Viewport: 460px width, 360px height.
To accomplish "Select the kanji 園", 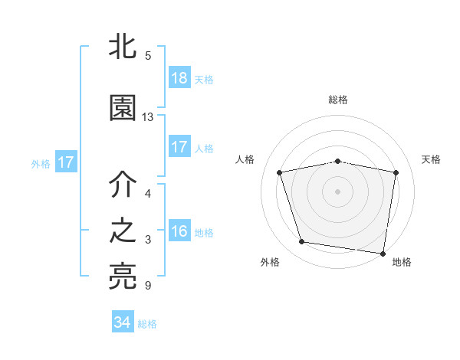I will [123, 108].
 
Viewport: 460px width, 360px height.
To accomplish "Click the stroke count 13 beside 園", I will [148, 117].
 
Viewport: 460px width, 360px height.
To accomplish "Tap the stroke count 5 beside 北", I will [148, 55].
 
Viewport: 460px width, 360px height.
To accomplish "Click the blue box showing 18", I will [179, 77].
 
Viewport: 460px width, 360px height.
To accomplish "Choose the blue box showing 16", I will [179, 231].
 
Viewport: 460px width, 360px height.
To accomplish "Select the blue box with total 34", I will [123, 322].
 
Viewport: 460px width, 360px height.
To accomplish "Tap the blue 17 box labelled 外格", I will [65, 162].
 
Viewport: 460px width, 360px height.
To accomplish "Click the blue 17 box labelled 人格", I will [179, 147].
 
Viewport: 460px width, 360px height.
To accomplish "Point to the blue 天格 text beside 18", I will [204, 80].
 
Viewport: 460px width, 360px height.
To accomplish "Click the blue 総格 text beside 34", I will [147, 324].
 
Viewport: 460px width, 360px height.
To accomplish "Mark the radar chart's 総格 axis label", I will [338, 100].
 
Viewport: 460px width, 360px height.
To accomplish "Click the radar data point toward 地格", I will [383, 253].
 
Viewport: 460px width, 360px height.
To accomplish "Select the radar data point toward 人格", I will [281, 172].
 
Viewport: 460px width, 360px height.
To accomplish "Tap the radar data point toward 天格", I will [396, 172].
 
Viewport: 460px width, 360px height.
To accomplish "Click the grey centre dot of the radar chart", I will [338, 191].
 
